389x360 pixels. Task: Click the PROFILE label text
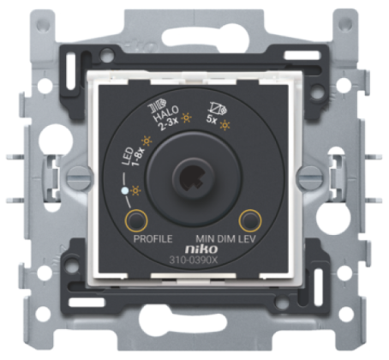(153, 239)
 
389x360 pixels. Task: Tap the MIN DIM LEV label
(225, 239)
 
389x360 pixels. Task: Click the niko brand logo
(201, 249)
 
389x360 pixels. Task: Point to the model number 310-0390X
(194, 261)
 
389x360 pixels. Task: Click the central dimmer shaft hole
(191, 177)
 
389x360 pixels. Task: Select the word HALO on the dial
(166, 114)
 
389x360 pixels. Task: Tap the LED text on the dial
(128, 156)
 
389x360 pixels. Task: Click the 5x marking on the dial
(212, 119)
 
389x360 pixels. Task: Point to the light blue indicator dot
(124, 190)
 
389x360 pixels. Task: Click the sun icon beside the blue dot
(135, 190)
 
